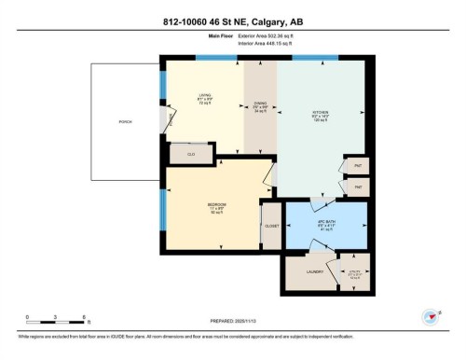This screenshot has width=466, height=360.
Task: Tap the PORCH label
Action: [125, 122]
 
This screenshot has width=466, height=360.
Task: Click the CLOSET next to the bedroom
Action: [271, 225]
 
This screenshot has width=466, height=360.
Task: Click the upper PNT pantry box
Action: [357, 166]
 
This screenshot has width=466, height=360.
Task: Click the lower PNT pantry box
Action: [357, 187]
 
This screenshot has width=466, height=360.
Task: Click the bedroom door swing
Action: [270, 174]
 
